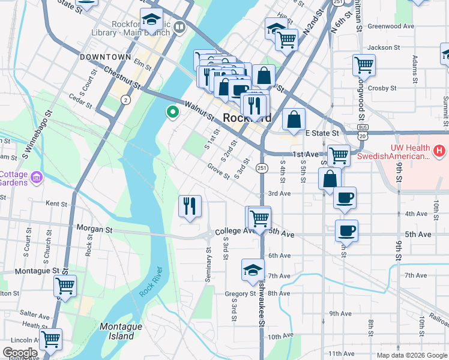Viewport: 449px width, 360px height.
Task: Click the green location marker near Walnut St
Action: (x=173, y=112)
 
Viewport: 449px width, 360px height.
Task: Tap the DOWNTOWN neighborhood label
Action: (x=106, y=57)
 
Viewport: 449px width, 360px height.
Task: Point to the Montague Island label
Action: (x=121, y=331)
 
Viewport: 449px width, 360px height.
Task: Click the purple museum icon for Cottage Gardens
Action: (x=37, y=177)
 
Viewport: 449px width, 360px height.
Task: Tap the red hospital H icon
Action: (x=439, y=151)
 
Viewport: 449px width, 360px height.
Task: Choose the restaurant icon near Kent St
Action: (x=190, y=206)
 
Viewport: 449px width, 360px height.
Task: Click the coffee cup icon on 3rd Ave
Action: (x=345, y=197)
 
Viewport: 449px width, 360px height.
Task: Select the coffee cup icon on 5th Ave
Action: (x=346, y=229)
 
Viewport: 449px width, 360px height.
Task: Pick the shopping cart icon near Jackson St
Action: (x=364, y=64)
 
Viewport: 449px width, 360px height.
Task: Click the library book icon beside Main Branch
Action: (x=179, y=27)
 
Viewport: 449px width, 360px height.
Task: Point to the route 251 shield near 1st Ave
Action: (x=262, y=168)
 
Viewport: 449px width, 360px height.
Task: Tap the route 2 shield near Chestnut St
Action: (x=125, y=100)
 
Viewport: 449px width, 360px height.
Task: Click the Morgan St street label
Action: (x=95, y=229)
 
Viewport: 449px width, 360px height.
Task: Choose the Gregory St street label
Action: (x=240, y=293)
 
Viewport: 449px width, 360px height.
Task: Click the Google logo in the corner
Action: (x=20, y=353)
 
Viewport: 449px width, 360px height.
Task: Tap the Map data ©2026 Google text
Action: (x=411, y=355)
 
